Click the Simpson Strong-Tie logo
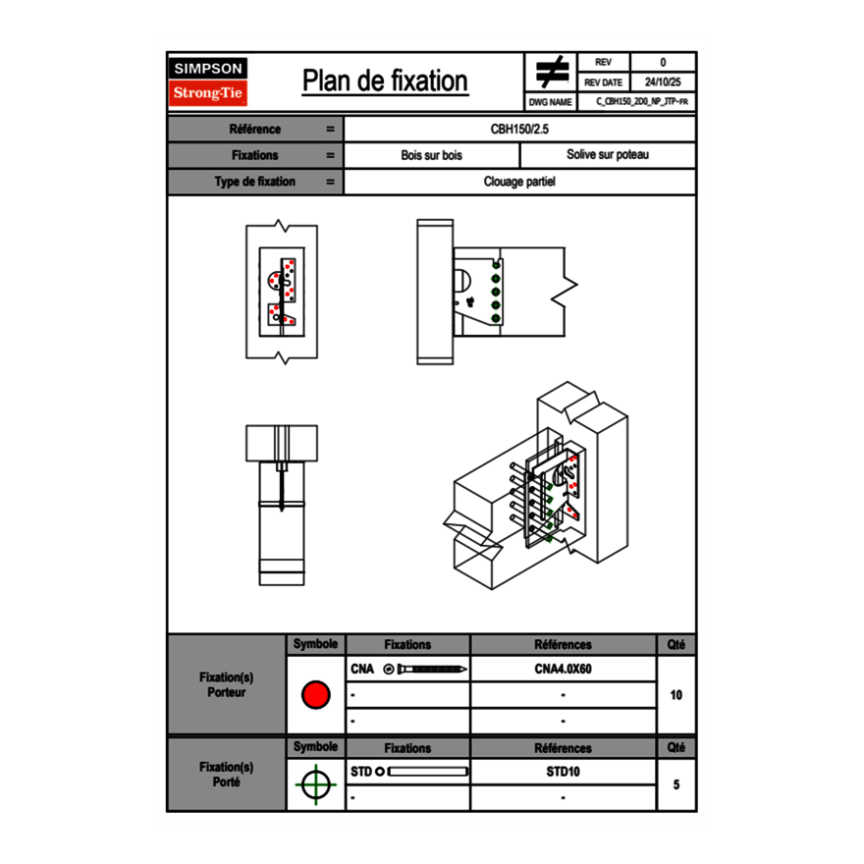coord(209,81)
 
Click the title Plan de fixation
coord(385,81)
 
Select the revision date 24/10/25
coord(663,82)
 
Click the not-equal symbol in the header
coord(552,73)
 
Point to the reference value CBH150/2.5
coord(519,129)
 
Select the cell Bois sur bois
coord(431,155)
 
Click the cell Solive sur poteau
coord(607,155)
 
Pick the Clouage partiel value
coord(519,182)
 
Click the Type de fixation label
coord(254,182)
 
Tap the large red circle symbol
coord(315,695)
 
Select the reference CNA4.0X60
coord(563,670)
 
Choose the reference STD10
coord(563,772)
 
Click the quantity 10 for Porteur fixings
coord(675,695)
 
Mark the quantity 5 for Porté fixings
coord(675,784)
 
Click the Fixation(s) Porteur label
coord(227,685)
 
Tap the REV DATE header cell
coord(605,82)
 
